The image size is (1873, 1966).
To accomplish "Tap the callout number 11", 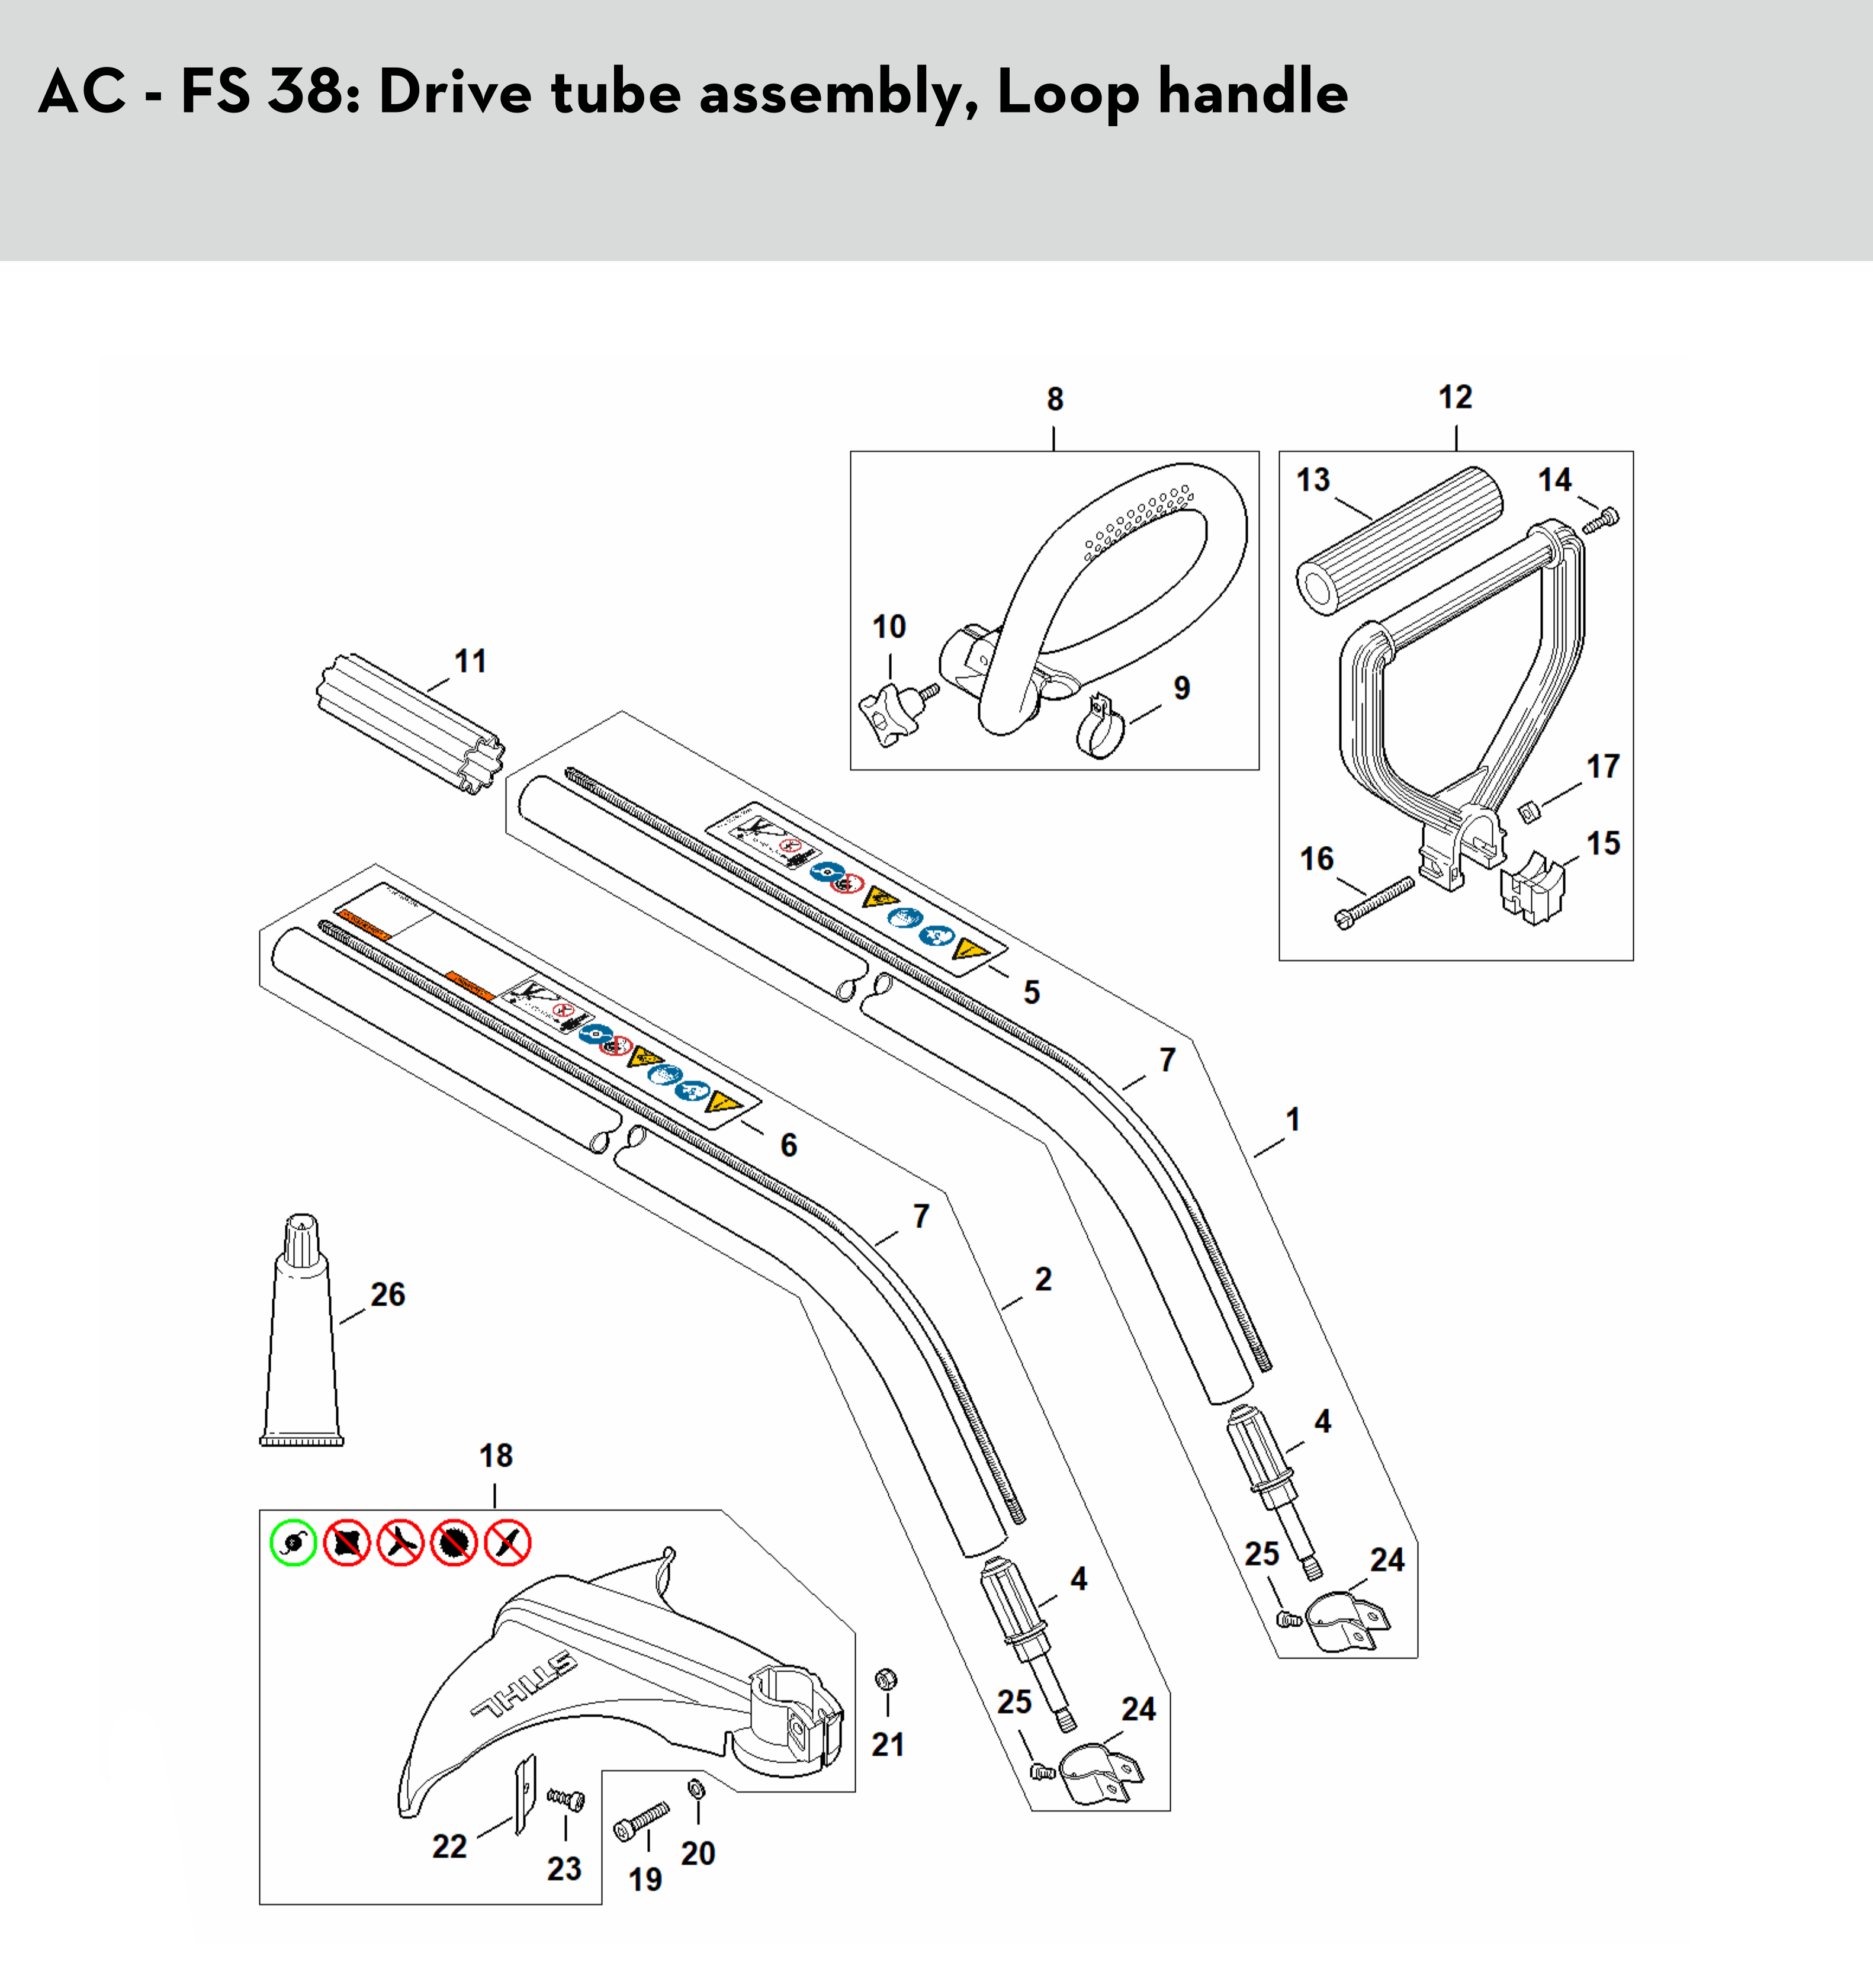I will click(x=470, y=661).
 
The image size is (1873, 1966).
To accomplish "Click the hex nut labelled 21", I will click(x=885, y=1679).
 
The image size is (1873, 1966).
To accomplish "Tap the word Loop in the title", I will click(x=1068, y=92).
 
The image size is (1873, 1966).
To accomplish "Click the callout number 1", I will click(x=1293, y=1119).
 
